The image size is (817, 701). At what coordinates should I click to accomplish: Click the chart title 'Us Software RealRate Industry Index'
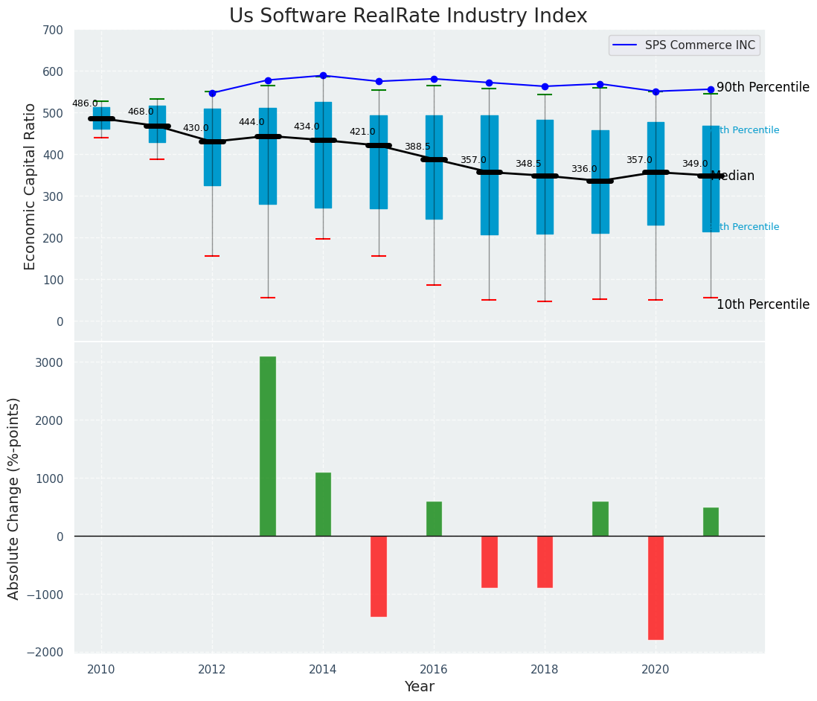(x=408, y=16)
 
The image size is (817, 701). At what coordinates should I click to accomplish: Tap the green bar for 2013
(x=268, y=446)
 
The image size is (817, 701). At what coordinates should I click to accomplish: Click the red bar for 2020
(x=656, y=587)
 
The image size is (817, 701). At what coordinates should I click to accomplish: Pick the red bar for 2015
(x=379, y=576)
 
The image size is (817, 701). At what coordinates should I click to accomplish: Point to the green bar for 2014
(x=323, y=504)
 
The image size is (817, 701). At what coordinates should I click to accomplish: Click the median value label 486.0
(x=85, y=103)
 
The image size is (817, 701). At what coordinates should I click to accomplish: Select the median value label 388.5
(x=417, y=147)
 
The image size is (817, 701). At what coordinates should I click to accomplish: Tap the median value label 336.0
(x=584, y=170)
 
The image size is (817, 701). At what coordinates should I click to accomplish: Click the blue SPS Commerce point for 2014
(x=323, y=75)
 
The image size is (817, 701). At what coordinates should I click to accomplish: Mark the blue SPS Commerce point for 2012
(x=212, y=93)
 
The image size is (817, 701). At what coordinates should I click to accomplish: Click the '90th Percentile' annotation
(x=763, y=87)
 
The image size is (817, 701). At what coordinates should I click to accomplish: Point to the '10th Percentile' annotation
(x=763, y=304)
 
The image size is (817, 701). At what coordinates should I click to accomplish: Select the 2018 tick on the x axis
(x=545, y=669)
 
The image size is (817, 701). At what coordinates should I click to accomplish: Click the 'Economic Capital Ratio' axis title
(x=31, y=186)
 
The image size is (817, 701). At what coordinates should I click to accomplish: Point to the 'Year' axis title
(x=420, y=687)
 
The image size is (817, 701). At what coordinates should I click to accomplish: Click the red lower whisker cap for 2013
(x=268, y=298)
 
